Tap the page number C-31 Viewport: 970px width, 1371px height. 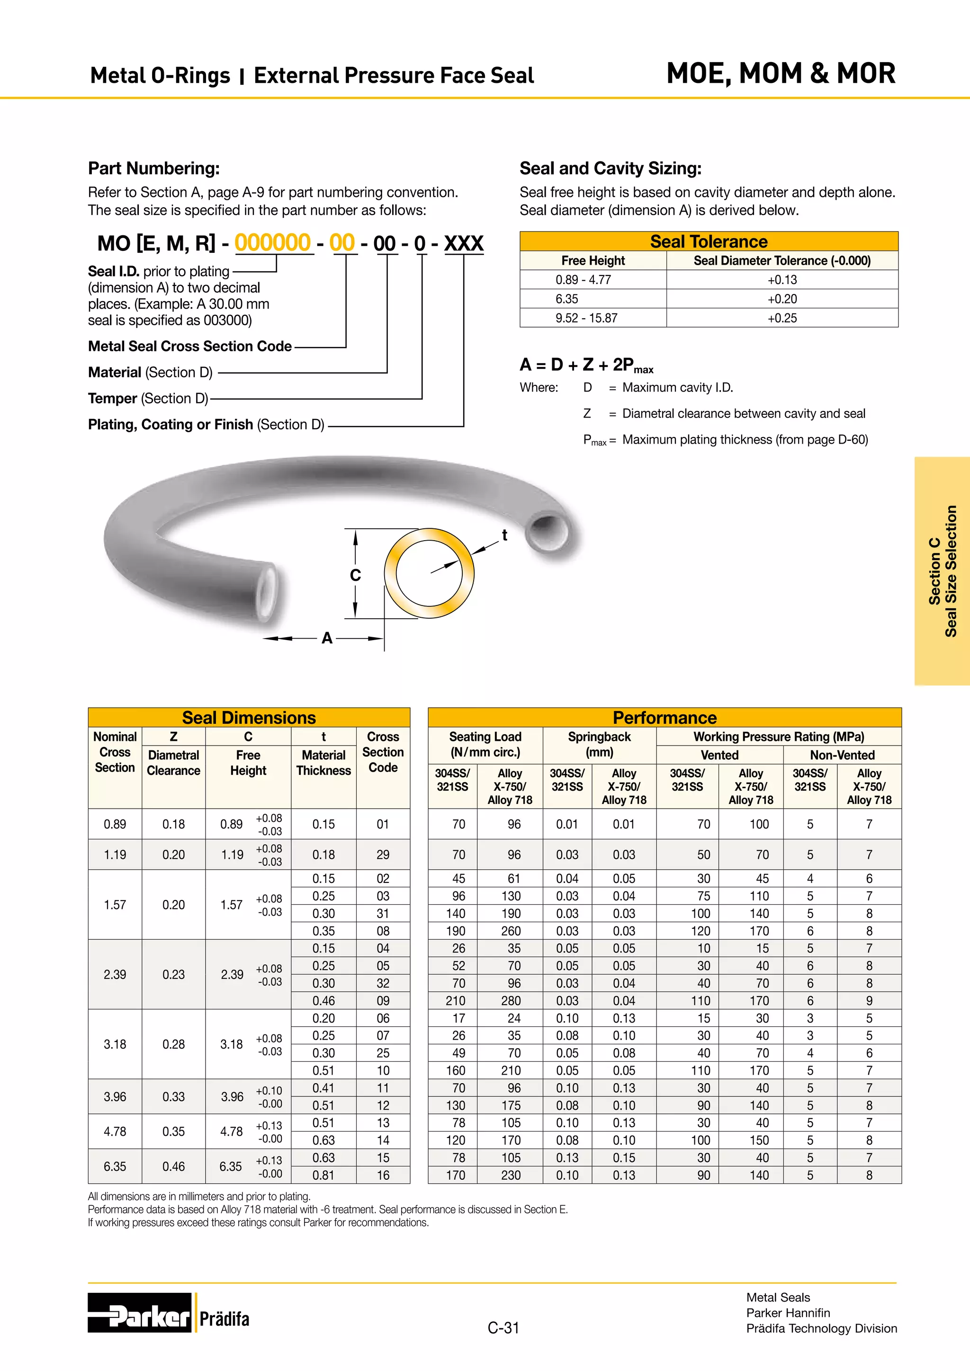coord(503,1327)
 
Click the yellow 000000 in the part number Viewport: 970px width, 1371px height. coord(272,242)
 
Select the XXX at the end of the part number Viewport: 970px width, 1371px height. coord(464,243)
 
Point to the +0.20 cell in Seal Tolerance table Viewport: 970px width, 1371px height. coord(782,299)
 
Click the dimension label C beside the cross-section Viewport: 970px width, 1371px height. coord(355,575)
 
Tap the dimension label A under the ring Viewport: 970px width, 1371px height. coord(327,638)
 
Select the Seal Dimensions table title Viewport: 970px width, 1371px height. coord(249,717)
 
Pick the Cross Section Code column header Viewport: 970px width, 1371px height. coord(383,752)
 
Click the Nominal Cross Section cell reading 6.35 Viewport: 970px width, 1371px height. coord(115,1166)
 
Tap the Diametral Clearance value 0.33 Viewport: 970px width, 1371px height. coord(173,1096)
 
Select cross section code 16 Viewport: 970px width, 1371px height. coord(383,1175)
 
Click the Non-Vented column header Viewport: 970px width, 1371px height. coord(842,755)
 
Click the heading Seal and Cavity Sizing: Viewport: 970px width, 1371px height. coord(610,169)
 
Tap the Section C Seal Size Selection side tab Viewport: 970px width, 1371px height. coord(942,571)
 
